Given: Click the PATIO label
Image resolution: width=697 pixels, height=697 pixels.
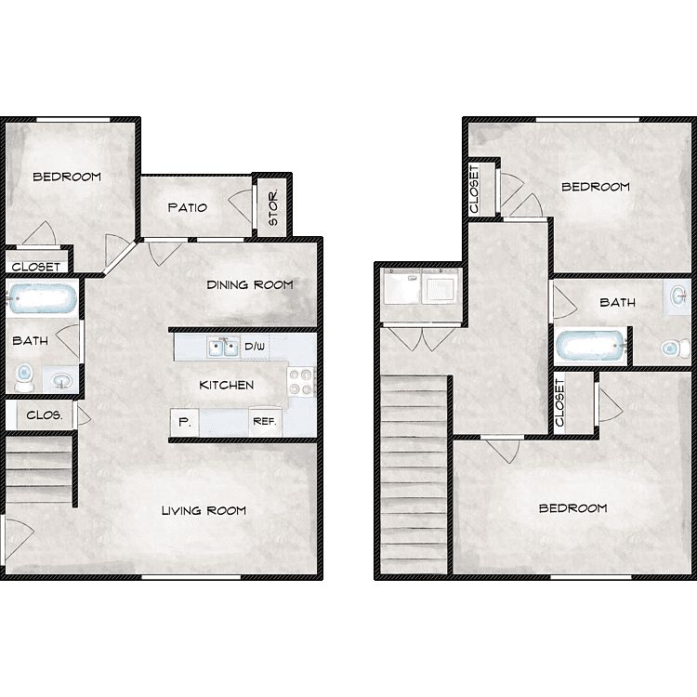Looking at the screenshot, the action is pyautogui.click(x=187, y=207).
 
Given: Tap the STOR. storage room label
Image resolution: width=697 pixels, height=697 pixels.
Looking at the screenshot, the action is pyautogui.click(x=273, y=207).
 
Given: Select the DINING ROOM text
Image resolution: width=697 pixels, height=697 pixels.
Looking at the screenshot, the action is pyautogui.click(x=250, y=284).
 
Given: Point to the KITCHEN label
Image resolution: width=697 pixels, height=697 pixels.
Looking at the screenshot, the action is pyautogui.click(x=226, y=385).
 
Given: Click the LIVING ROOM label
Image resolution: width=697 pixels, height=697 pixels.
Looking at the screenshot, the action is pyautogui.click(x=204, y=510).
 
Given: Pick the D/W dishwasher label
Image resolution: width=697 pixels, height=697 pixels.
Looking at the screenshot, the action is pyautogui.click(x=255, y=347).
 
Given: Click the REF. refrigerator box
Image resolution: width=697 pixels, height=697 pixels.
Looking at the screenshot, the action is pyautogui.click(x=265, y=421).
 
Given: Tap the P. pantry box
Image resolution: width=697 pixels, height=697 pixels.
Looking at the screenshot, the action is pyautogui.click(x=185, y=422).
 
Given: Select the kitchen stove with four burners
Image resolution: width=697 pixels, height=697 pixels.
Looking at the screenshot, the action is pyautogui.click(x=301, y=382).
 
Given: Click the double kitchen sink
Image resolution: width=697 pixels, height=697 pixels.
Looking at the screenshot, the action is pyautogui.click(x=224, y=348).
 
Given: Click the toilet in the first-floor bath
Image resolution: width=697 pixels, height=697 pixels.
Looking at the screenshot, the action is pyautogui.click(x=24, y=377).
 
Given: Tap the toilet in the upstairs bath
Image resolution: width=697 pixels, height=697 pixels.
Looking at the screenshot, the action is pyautogui.click(x=676, y=348).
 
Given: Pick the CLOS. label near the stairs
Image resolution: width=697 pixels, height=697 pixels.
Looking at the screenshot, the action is pyautogui.click(x=44, y=415).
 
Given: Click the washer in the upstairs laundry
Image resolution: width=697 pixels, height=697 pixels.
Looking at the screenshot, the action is pyautogui.click(x=401, y=286).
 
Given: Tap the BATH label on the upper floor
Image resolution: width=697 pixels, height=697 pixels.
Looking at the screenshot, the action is pyautogui.click(x=617, y=302).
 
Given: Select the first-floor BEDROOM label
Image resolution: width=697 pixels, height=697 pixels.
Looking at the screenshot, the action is pyautogui.click(x=67, y=177).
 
